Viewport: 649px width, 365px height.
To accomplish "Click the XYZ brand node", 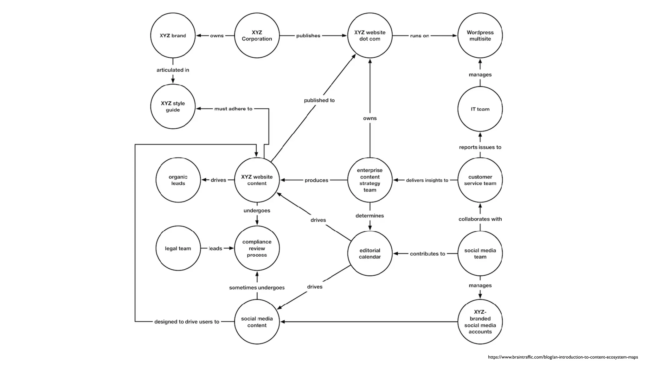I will tap(173, 35).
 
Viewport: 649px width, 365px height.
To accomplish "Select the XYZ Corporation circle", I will tap(257, 35).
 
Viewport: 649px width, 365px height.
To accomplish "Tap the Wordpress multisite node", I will tap(480, 35).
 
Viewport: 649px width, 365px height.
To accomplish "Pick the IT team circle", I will tap(480, 109).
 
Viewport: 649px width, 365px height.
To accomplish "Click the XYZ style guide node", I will tap(173, 106).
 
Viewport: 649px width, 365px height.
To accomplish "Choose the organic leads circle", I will tap(178, 180).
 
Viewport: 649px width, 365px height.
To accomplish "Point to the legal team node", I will tap(178, 248).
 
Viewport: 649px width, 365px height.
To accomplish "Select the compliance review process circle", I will tap(257, 248).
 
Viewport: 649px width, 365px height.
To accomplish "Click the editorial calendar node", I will tap(369, 253).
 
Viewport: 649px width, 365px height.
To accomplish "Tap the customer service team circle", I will tap(480, 180).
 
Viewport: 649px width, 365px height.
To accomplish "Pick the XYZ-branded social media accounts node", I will tap(480, 322).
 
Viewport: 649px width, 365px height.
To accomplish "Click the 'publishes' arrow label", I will tap(308, 36).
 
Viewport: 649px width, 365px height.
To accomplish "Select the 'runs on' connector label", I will tap(419, 36).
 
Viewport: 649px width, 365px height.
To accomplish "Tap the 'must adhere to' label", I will tap(233, 109).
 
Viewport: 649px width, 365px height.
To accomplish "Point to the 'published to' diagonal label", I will tap(319, 100).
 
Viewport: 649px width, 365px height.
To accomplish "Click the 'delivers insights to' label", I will tap(427, 180).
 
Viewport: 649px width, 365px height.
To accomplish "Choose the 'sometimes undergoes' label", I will tap(257, 288).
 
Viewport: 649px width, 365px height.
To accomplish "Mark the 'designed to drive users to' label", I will tap(187, 322).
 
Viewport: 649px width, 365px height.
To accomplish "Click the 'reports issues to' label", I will tap(480, 147).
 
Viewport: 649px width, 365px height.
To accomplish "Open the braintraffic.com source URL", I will tap(562, 357).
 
